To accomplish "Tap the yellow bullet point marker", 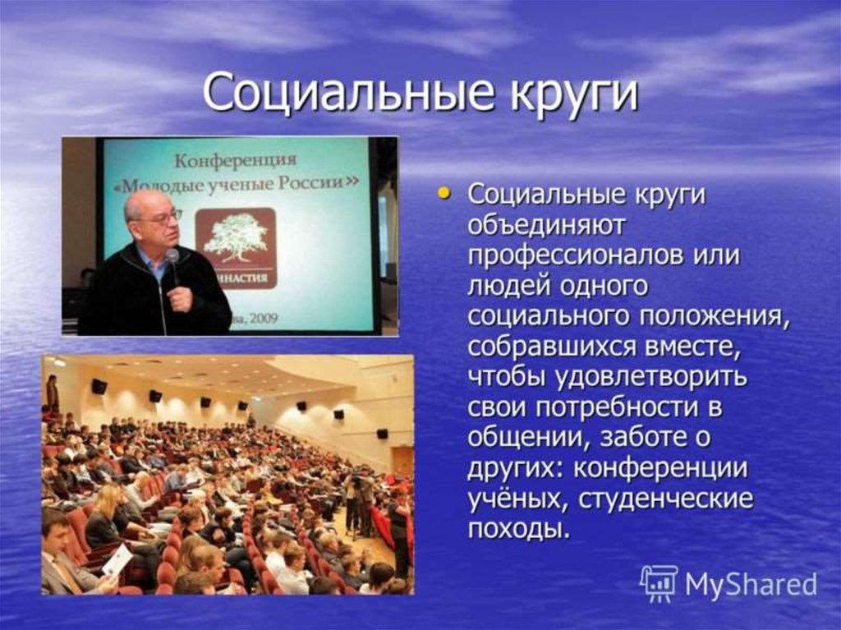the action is [x=443, y=192].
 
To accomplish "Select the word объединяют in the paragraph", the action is [x=546, y=225].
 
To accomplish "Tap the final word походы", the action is [x=517, y=531].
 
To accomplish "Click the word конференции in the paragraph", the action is [x=660, y=469].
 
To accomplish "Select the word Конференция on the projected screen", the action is [x=236, y=159].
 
